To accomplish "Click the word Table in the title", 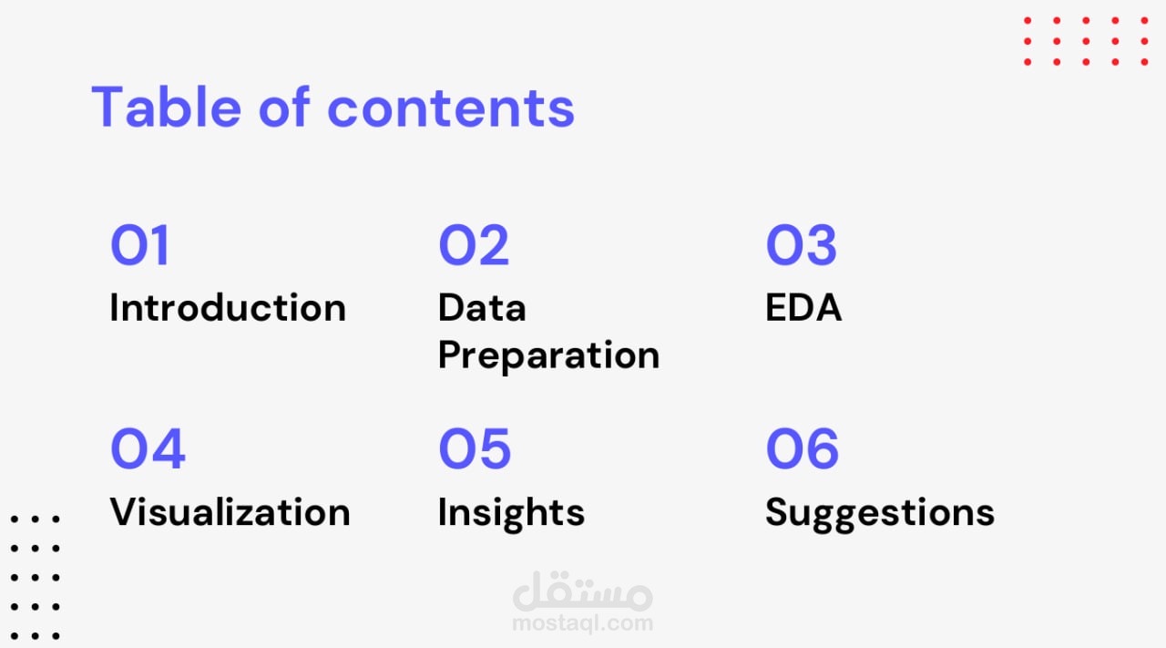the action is pos(166,107).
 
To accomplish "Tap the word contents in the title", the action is pos(451,108).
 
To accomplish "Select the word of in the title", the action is pos(284,107).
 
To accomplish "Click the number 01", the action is pos(139,245).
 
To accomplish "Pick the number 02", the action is pos(474,245).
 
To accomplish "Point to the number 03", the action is pos(801,245).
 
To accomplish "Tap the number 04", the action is pos(148,448).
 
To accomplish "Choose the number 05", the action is pos(475,448).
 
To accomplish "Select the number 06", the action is pos(803,448).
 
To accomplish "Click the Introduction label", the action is pos(228,307).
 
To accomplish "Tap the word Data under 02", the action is pos(482,307).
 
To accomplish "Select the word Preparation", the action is pos(549,356).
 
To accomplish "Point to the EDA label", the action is pos(803,307).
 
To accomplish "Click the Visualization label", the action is pos(230,511).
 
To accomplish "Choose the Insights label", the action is pos(512,514).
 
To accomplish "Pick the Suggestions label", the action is pos(880,514).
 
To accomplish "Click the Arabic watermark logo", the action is pos(582,591).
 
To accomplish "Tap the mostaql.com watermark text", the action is pos(582,623).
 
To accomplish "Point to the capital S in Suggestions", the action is pos(777,511).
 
